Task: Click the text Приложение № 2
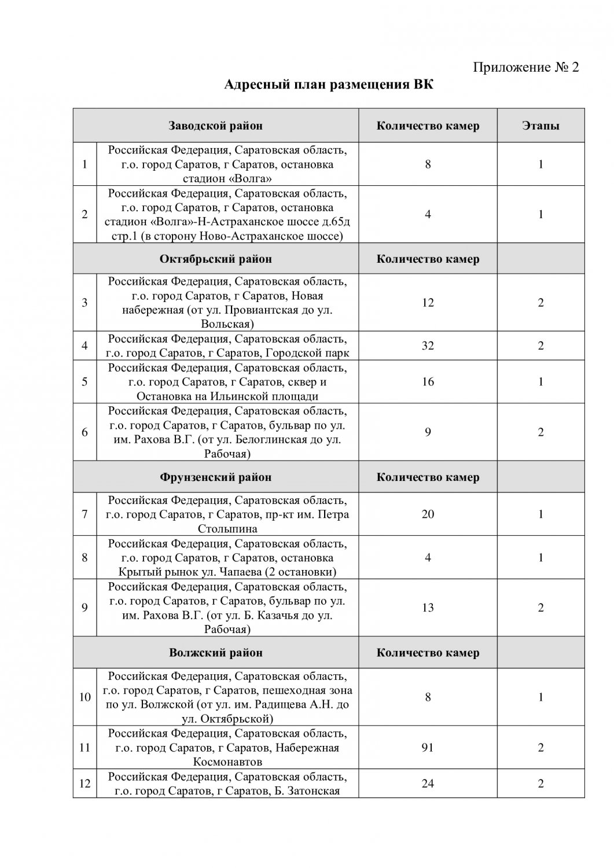coord(526,67)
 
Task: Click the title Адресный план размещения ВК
coord(329,86)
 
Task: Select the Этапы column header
coord(541,126)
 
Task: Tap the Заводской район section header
coord(215,126)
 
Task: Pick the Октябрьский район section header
coord(215,259)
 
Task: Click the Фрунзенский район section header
coord(215,477)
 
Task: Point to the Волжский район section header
coord(215,653)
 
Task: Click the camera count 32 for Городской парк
coord(428,346)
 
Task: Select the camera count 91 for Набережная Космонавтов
coord(428,748)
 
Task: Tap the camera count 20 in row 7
coord(428,514)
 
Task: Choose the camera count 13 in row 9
coord(428,608)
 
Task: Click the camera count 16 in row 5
coord(428,382)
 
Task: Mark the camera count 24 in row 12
coord(428,784)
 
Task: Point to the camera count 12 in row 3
coord(428,303)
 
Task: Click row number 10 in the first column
coord(85,697)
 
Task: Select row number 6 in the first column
coord(85,432)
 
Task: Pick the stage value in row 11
coord(541,748)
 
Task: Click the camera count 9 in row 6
coord(428,432)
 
